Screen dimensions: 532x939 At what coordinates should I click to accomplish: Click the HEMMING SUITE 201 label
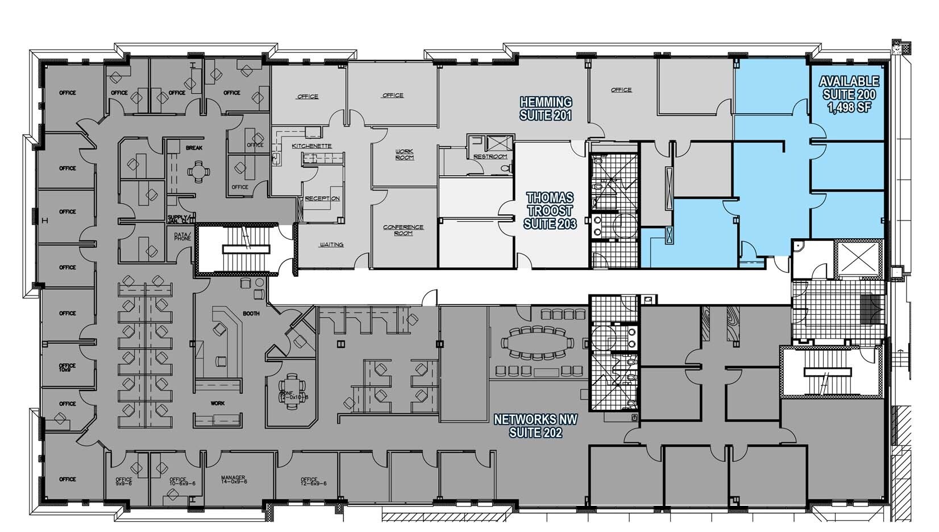coord(546,109)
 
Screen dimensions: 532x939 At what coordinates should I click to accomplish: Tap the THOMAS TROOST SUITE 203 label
coord(550,210)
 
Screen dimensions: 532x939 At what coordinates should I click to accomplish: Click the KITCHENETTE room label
coord(311,146)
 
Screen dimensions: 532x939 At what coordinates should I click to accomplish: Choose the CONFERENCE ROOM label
coord(403,230)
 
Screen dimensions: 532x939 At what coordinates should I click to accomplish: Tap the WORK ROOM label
coord(404,154)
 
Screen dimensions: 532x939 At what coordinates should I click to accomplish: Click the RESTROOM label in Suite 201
coord(489,156)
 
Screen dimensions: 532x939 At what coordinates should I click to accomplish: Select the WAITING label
coord(331,245)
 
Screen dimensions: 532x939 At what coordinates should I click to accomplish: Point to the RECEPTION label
coord(322,198)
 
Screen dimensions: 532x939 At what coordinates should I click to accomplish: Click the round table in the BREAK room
coord(198,170)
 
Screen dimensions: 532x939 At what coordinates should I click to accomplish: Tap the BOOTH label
coord(251,313)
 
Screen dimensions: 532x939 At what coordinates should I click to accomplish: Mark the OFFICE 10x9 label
coord(68,367)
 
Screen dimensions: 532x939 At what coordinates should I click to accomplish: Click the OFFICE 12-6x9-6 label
coord(313,482)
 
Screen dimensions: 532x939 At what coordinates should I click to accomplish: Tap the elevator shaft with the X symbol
coord(858,259)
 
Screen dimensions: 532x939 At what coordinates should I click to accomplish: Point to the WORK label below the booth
coord(217,403)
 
